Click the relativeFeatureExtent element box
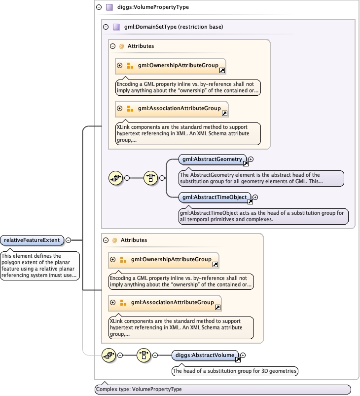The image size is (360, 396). pos(32,240)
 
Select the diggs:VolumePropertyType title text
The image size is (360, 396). pos(153,7)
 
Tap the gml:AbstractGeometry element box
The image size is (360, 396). pos(212,159)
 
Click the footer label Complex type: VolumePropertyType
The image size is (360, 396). pos(139,389)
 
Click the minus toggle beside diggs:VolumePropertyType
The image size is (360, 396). pos(99,7)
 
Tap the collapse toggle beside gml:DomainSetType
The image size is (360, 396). pos(106,27)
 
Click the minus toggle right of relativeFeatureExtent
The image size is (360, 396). pos(69,240)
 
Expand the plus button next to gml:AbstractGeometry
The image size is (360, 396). pos(251,159)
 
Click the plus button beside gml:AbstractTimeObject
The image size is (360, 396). pos(255,197)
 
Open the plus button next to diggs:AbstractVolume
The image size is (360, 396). pos(243,355)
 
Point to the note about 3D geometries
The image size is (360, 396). pos(235,370)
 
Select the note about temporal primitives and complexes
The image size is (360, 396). pos(263,216)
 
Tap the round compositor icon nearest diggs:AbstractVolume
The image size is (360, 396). pos(144,355)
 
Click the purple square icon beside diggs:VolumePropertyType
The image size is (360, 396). pos(109,7)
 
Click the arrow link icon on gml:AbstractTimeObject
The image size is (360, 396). pos(250,201)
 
